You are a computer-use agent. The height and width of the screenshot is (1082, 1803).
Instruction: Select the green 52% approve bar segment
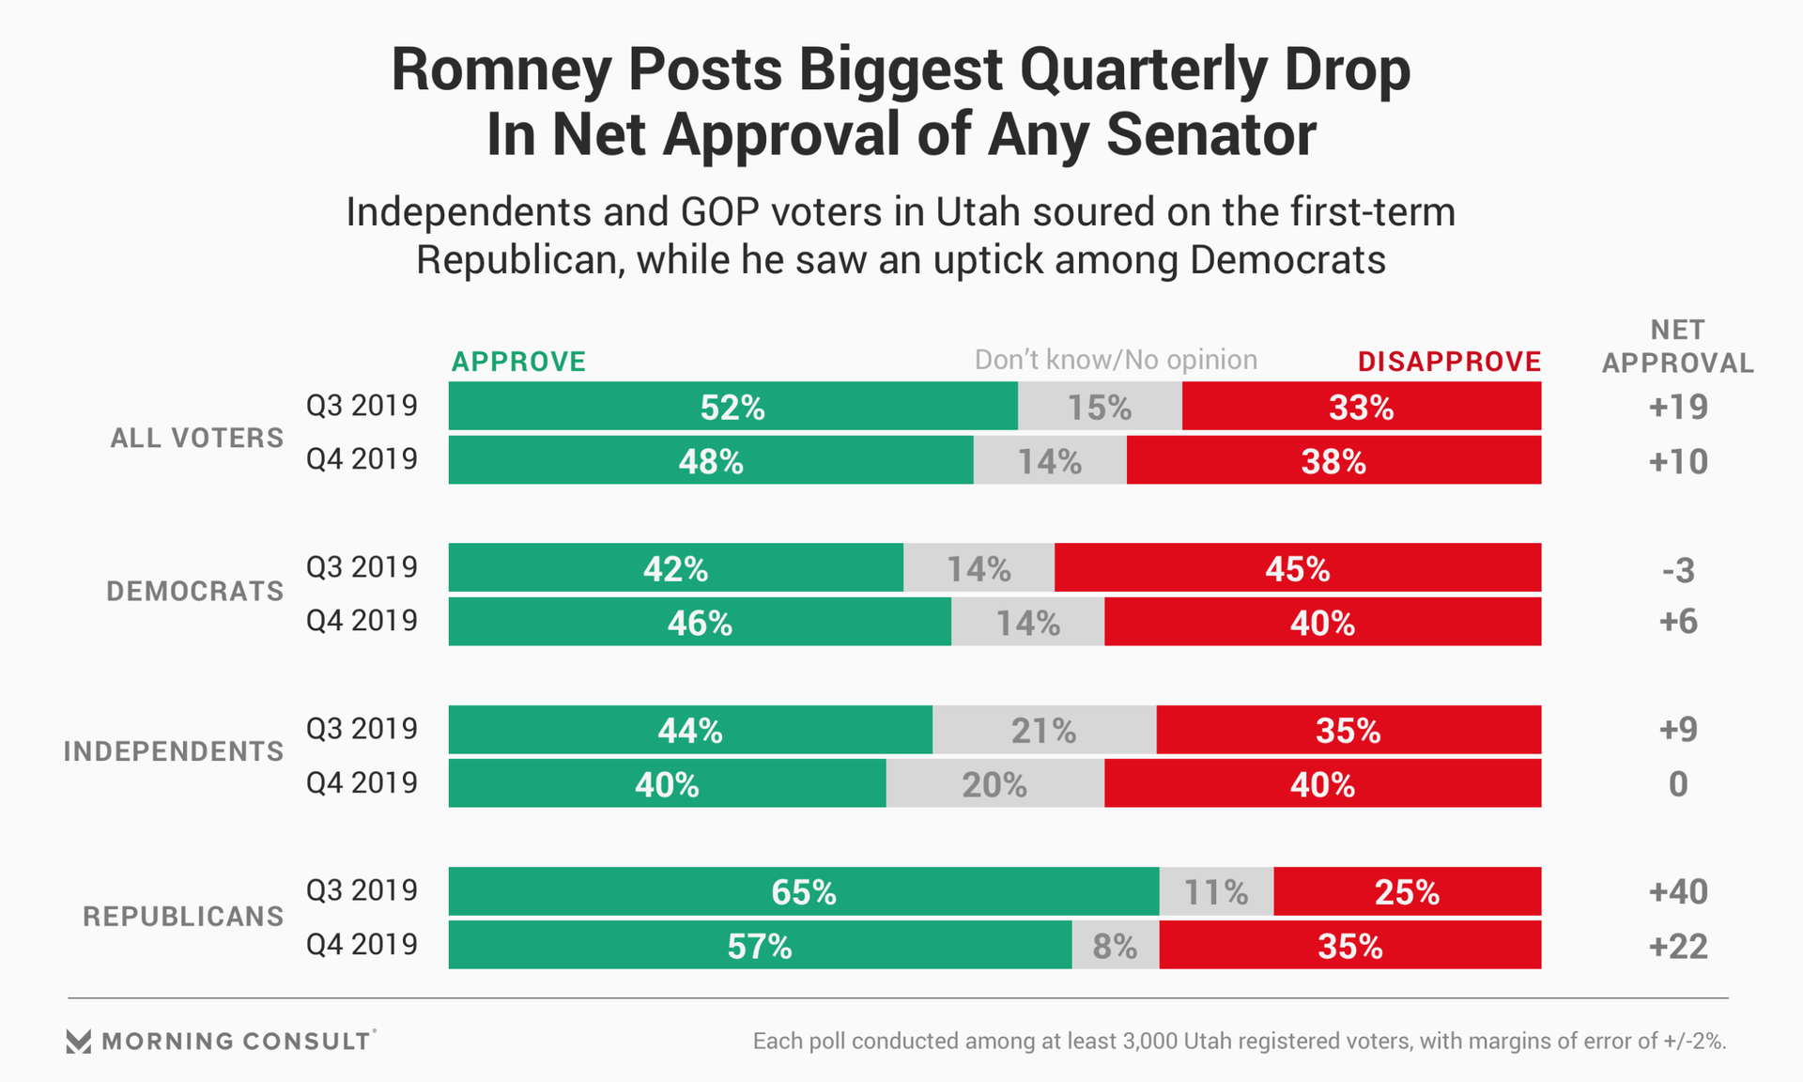click(732, 407)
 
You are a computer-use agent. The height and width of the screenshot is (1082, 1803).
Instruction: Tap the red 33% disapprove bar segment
click(1361, 407)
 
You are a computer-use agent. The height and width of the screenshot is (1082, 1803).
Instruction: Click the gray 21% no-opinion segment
click(1043, 730)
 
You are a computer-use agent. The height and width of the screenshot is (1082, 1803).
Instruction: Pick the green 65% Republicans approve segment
click(803, 891)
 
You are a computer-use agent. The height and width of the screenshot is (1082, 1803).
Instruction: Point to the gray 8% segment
click(1115, 945)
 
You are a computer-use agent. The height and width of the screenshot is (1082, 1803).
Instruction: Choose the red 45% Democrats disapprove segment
click(1297, 568)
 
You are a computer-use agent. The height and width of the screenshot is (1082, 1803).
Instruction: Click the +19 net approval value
click(1677, 407)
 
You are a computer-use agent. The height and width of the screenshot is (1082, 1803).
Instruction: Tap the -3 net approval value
click(1677, 570)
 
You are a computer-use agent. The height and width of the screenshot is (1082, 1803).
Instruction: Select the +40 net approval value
click(1677, 891)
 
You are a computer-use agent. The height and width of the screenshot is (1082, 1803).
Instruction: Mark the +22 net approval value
click(1677, 946)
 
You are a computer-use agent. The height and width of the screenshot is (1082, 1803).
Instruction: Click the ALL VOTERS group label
click(196, 438)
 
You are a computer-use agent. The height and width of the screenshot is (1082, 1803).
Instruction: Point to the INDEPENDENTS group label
click(173, 751)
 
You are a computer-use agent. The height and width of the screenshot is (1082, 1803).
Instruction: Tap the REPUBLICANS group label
click(183, 917)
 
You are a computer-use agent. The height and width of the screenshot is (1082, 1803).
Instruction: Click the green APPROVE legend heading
click(518, 362)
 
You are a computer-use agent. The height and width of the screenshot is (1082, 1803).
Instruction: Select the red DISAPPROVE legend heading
click(1449, 362)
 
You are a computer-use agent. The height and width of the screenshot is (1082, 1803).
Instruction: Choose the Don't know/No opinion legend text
click(1116, 360)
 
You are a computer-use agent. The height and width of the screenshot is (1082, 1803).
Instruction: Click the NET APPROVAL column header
click(1677, 347)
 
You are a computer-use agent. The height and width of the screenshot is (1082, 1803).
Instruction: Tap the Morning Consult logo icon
click(79, 1041)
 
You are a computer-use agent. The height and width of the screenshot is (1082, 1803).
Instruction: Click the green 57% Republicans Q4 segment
click(759, 946)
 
